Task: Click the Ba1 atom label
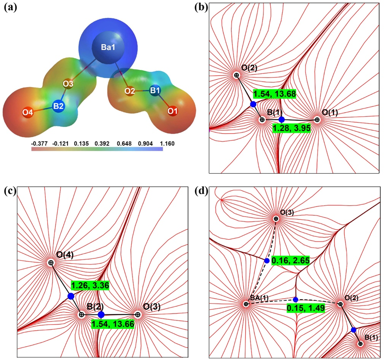[x=103, y=49]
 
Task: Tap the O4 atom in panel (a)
[x=27, y=113]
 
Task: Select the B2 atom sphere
[x=58, y=107]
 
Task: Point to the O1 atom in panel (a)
[x=173, y=112]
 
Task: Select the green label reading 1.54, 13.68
[x=275, y=93]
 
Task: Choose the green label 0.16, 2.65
[x=290, y=261]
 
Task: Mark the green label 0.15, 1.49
[x=305, y=308]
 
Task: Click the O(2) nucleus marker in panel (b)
[x=236, y=75]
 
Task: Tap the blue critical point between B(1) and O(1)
[x=282, y=119]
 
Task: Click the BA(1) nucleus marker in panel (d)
[x=246, y=304]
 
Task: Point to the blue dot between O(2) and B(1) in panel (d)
[x=354, y=330]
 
